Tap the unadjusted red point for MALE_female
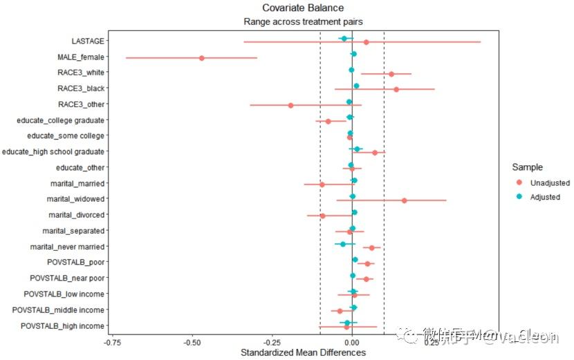tap(201, 58)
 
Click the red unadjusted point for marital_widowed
tap(404, 200)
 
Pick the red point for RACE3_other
tap(290, 106)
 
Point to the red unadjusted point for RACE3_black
tap(396, 89)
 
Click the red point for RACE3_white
tap(391, 74)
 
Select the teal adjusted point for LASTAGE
tap(344, 39)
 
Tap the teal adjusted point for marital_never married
tap(342, 243)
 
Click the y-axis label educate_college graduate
tap(60, 120)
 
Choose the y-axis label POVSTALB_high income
tap(63, 325)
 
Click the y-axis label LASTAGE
tap(88, 41)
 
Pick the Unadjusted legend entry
tap(550, 182)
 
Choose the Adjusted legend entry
tap(545, 197)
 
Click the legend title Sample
tap(527, 167)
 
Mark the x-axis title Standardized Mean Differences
tap(303, 352)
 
